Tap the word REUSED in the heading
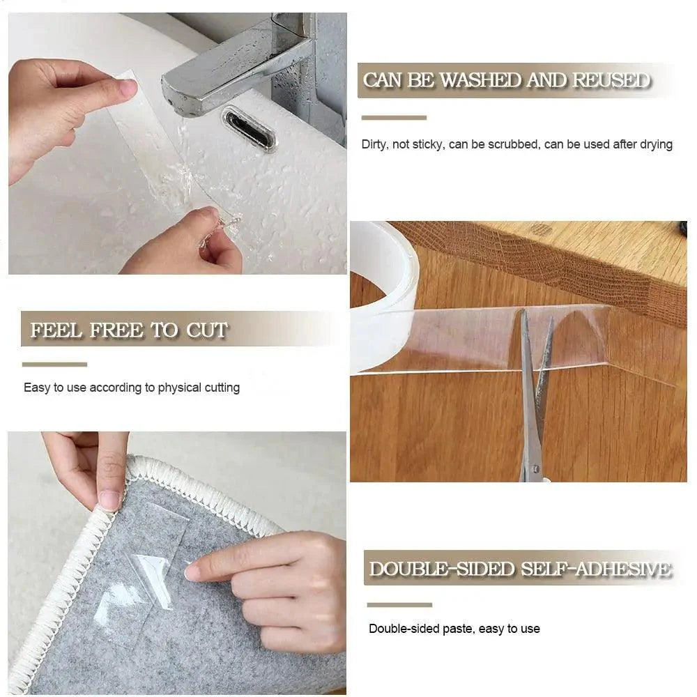tap(610, 81)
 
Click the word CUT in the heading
tap(206, 330)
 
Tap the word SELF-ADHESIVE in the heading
tap(597, 569)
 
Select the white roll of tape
tap(383, 293)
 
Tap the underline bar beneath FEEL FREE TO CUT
tap(54, 364)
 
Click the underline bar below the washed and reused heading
tap(394, 118)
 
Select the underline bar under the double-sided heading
tap(399, 604)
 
